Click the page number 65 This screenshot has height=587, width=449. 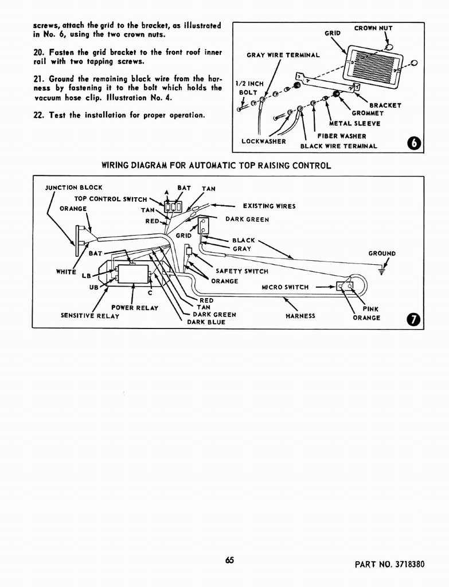230,561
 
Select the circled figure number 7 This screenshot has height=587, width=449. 413,319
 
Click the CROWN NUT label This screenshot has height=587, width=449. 373,28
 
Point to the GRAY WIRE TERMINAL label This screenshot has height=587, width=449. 283,56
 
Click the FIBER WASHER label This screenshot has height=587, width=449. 342,136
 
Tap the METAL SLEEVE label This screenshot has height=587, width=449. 354,123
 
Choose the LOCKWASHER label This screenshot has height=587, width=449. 264,141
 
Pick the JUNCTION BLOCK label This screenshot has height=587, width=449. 74,187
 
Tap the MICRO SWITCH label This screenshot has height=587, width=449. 285,287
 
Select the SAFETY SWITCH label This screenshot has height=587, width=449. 242,271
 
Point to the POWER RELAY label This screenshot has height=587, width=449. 135,308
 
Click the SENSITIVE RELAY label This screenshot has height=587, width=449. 90,316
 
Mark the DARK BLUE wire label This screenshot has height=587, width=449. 206,322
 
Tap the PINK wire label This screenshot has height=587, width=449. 370,309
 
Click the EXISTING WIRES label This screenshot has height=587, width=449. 270,206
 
